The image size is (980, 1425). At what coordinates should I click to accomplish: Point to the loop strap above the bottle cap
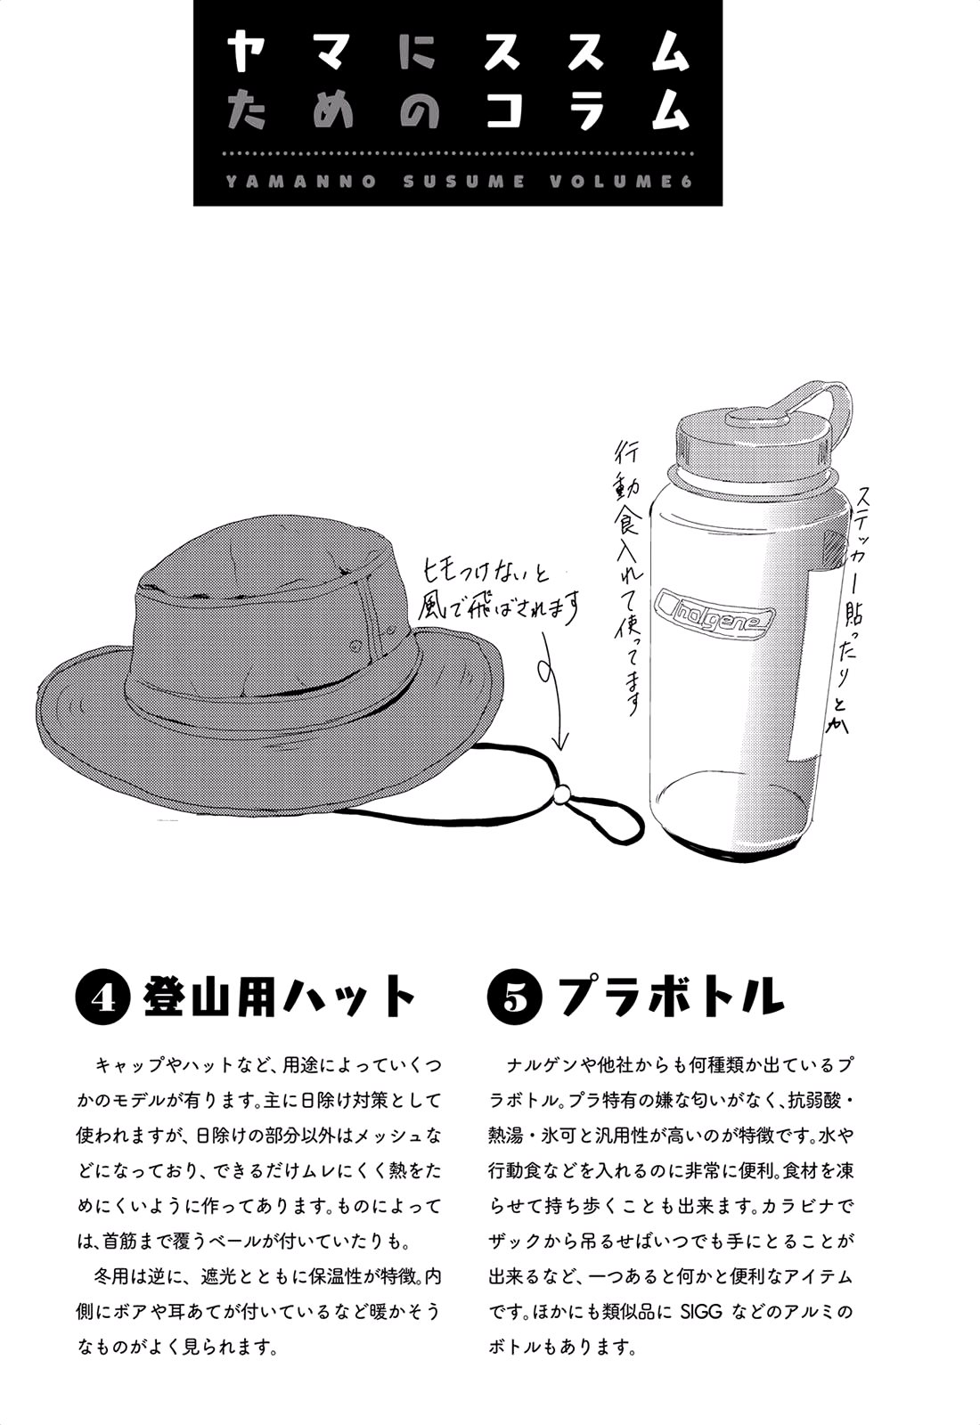tap(818, 401)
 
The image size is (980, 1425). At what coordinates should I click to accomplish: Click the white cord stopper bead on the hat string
tap(561, 793)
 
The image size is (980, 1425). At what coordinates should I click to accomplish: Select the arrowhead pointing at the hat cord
tap(561, 740)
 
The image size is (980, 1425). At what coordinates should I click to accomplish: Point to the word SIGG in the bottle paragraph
tap(699, 1312)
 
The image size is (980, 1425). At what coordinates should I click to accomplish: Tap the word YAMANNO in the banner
tap(300, 182)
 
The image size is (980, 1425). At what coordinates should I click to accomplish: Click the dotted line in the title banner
tap(458, 154)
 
